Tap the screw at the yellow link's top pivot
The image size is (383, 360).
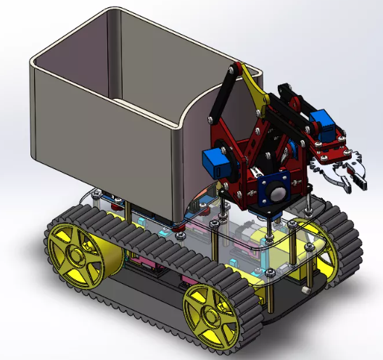[x=233, y=71]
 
